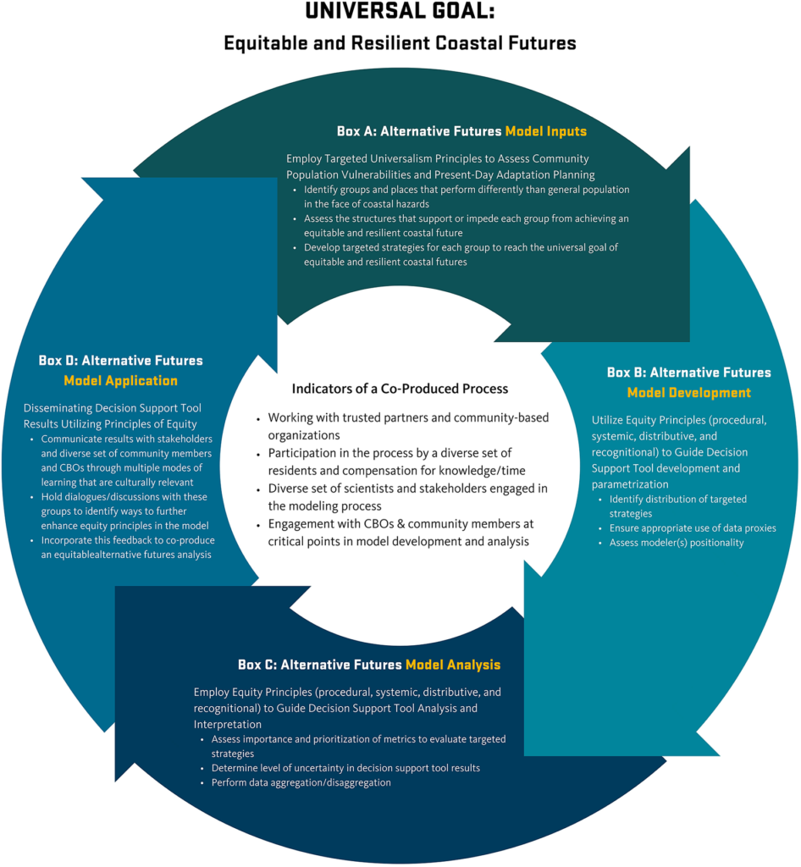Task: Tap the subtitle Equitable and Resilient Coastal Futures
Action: [400, 42]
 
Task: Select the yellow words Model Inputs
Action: [545, 131]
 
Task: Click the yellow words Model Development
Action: [688, 393]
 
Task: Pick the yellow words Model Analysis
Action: [453, 665]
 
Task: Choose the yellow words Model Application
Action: [121, 381]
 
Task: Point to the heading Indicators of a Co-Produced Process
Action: [400, 389]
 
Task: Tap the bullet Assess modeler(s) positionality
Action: [676, 543]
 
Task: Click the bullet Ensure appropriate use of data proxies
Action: [692, 528]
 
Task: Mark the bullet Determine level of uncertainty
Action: [346, 768]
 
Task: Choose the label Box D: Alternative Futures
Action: [121, 361]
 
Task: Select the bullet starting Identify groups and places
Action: [466, 196]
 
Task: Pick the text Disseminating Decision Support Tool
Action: [112, 409]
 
